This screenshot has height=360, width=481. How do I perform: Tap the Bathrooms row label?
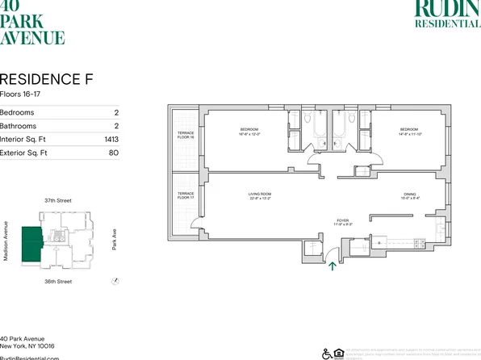[x=18, y=126]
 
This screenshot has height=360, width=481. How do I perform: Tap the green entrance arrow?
[x=331, y=261]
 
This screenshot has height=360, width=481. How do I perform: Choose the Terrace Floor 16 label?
[x=185, y=136]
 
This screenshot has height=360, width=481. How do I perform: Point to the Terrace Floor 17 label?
[x=185, y=196]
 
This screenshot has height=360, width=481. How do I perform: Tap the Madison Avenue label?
[x=6, y=240]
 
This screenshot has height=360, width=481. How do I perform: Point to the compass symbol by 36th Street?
[x=115, y=281]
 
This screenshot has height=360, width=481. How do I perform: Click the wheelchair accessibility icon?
[x=327, y=353]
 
